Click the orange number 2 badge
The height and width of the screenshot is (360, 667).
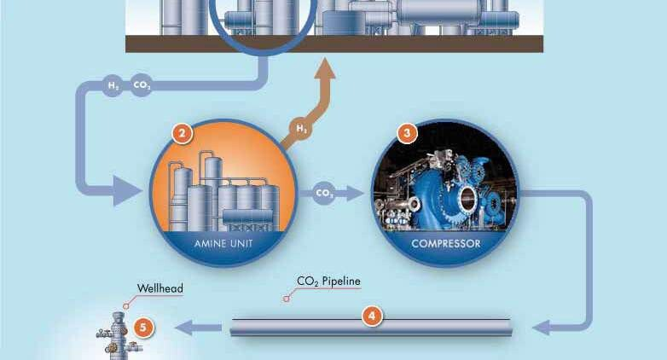click(x=181, y=132)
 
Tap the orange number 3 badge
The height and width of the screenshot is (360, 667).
click(x=408, y=132)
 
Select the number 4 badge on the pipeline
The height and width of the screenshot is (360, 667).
click(x=371, y=315)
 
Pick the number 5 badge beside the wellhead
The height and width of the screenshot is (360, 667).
click(x=144, y=326)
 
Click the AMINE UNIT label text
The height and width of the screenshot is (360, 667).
click(x=223, y=243)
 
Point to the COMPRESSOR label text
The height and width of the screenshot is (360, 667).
click(x=446, y=243)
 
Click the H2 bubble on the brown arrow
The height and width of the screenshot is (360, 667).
click(x=302, y=129)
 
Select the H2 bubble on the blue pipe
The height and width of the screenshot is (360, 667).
click(x=113, y=85)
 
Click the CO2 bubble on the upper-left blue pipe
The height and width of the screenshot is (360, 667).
click(x=142, y=85)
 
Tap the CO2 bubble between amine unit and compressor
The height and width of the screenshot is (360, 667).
click(x=324, y=193)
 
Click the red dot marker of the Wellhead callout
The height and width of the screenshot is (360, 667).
click(x=125, y=303)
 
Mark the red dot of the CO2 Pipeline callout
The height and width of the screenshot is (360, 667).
click(x=287, y=299)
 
